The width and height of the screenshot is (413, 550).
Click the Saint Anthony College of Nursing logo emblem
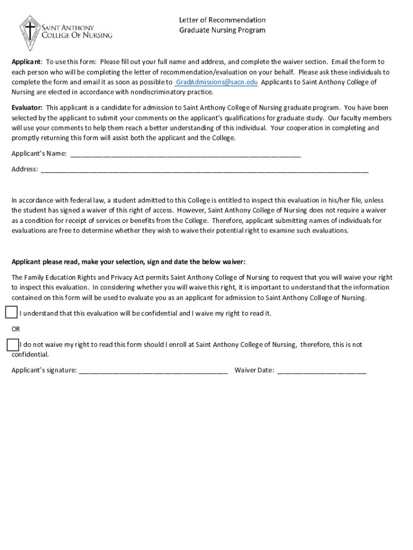pyautogui.click(x=32, y=32)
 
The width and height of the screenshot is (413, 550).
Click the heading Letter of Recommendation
pyautogui.click(x=222, y=20)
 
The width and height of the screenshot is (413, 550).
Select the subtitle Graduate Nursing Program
pyautogui.click(x=222, y=30)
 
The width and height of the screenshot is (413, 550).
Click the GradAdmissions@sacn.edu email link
pyautogui.click(x=216, y=82)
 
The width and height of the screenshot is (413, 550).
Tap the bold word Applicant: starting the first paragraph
pyautogui.click(x=27, y=62)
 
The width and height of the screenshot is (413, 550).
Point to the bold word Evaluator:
pyautogui.click(x=27, y=108)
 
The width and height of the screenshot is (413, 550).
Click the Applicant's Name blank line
pyautogui.click(x=185, y=154)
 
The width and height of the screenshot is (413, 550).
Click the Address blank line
pyautogui.click(x=204, y=169)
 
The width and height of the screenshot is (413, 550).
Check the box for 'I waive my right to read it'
pyautogui.click(x=11, y=313)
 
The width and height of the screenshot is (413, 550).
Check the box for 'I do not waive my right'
pyautogui.click(x=13, y=344)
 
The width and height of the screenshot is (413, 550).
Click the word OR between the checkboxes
pyautogui.click(x=16, y=329)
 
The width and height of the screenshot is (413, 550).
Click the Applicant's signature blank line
pyautogui.click(x=153, y=370)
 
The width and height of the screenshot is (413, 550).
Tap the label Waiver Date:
pyautogui.click(x=254, y=370)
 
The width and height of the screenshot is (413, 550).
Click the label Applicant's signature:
pyautogui.click(x=44, y=370)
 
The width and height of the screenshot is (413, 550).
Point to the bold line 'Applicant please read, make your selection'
pyautogui.click(x=129, y=262)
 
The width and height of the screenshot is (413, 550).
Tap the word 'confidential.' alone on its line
pyautogui.click(x=30, y=354)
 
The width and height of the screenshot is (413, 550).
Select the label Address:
pyautogui.click(x=25, y=169)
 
